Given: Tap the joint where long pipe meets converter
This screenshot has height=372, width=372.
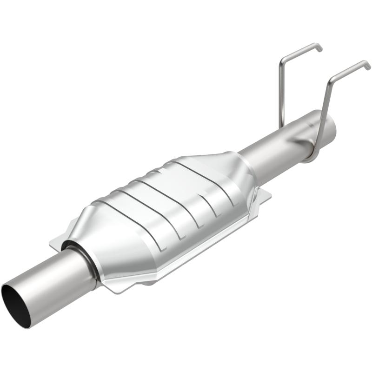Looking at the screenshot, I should pyautogui.click(x=249, y=163).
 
